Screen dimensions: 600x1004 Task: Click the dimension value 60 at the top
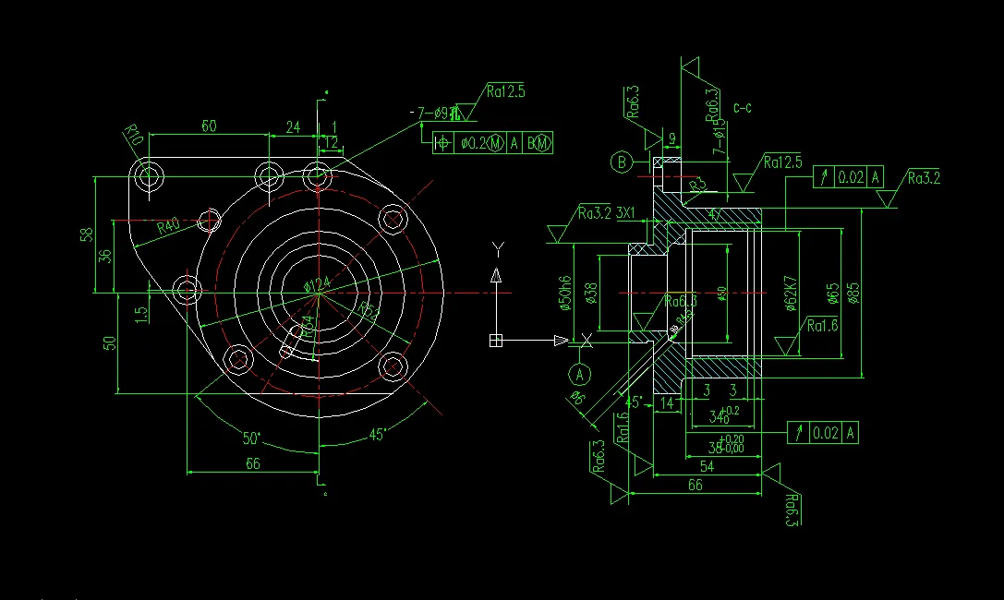coord(209,126)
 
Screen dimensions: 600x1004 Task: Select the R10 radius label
coord(135,139)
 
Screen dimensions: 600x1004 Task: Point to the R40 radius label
coord(168,226)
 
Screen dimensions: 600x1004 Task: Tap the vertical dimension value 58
coord(86,234)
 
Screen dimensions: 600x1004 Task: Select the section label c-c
coord(743,108)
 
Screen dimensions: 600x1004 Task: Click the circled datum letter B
coord(622,163)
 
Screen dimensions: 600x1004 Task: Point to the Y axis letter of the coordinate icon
coord(498,248)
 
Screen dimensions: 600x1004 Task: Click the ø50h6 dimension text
coord(566,293)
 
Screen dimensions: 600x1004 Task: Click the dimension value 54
coord(707,467)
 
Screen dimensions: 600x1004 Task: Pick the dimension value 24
coord(293,126)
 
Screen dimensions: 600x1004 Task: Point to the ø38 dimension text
coord(590,293)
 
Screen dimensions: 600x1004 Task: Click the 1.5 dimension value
coord(140,314)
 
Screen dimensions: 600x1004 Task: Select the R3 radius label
coord(698,185)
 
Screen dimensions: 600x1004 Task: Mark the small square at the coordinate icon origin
coord(496,341)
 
